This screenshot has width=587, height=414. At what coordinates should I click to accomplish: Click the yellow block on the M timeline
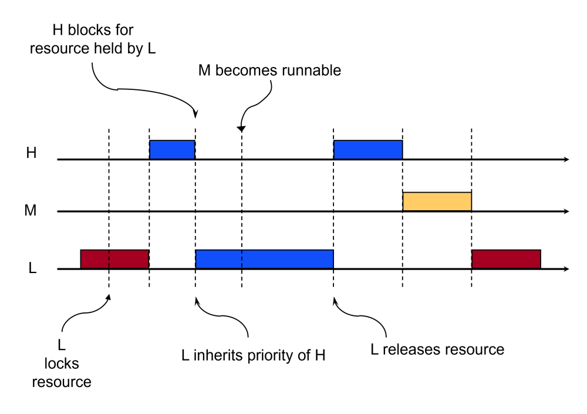(x=437, y=201)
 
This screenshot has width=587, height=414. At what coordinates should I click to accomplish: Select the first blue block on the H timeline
(x=172, y=150)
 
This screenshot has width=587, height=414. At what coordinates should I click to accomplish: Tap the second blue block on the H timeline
(x=368, y=150)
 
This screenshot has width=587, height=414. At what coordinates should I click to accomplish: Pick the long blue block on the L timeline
(x=264, y=259)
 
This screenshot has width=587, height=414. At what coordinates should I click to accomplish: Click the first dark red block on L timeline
(x=114, y=259)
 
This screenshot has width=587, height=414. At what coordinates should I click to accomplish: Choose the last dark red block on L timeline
(x=505, y=259)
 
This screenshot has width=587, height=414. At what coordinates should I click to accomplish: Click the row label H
(x=32, y=154)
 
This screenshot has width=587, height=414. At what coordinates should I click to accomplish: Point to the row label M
(x=32, y=210)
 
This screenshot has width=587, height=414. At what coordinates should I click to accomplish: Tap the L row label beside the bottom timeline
(x=33, y=268)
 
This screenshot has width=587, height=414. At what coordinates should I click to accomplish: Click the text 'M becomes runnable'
(x=269, y=71)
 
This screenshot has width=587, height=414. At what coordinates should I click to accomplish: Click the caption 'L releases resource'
(x=437, y=349)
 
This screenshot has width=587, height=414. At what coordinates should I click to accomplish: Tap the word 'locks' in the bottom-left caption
(x=62, y=364)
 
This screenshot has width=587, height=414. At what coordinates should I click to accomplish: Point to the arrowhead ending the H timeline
(x=565, y=159)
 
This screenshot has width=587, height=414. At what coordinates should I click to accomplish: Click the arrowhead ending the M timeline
(x=565, y=211)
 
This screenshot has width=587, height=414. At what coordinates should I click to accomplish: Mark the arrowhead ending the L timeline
(x=565, y=269)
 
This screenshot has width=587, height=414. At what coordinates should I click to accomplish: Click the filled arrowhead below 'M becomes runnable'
(x=241, y=129)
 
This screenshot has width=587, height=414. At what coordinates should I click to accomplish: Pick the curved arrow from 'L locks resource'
(x=79, y=317)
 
